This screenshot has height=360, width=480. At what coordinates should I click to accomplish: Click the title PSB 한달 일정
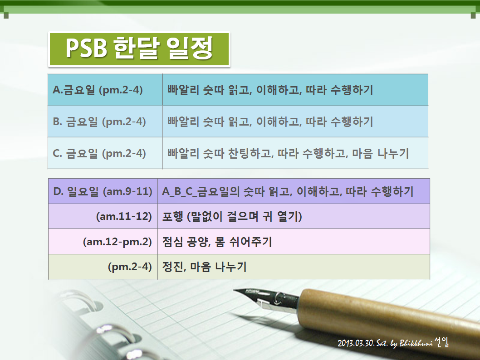[x=139, y=49]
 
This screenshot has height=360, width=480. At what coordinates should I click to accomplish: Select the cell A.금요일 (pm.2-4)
[x=105, y=90]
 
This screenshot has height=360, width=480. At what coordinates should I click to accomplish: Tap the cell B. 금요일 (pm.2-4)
[x=105, y=122]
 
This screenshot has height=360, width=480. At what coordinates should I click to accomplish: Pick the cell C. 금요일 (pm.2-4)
[x=105, y=153]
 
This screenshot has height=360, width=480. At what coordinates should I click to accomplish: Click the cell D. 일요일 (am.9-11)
[x=103, y=191]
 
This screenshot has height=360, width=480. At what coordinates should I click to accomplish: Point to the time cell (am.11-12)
[x=103, y=216]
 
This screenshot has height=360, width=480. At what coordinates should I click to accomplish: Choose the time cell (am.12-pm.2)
[x=103, y=241]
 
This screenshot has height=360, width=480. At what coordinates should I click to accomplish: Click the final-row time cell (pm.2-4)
[x=103, y=267]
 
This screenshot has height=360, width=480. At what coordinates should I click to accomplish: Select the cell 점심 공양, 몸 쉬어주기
[x=294, y=241]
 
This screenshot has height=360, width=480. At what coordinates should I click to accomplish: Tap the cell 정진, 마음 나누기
[x=294, y=267]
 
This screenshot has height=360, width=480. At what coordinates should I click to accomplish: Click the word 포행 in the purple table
[x=172, y=217]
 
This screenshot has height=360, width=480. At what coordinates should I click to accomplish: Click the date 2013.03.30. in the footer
[x=356, y=343]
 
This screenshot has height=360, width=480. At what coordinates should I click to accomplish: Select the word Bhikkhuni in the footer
[x=416, y=343]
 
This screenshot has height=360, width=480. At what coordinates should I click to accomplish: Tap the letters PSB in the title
[x=86, y=49]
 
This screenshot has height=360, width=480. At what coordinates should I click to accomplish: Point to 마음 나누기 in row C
[x=381, y=153]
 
